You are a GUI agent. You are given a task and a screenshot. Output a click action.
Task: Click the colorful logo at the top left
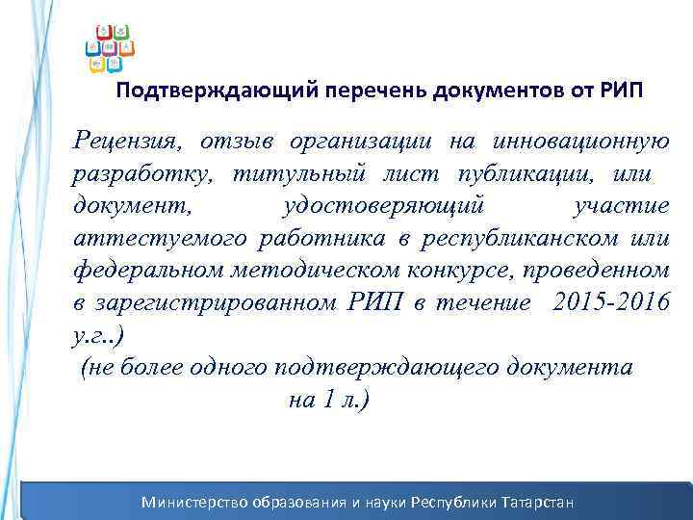click(x=110, y=47)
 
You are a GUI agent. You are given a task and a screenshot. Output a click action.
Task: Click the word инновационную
click(x=580, y=143)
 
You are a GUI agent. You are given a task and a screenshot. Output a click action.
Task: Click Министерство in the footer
click(x=195, y=502)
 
